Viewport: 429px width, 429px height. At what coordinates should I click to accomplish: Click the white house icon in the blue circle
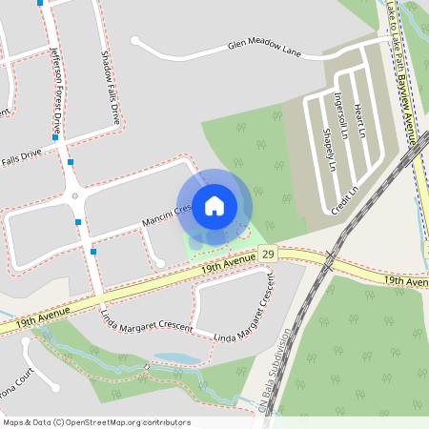[x=214, y=206]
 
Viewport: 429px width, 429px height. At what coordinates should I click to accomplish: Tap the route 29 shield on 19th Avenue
[x=269, y=254]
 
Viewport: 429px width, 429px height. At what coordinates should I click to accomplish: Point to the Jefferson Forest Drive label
[x=58, y=91]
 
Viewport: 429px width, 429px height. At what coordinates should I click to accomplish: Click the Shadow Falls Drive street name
[x=109, y=88]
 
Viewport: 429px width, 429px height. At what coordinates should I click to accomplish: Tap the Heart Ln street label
[x=359, y=120]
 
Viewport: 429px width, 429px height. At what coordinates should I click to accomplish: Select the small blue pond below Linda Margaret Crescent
[x=176, y=358]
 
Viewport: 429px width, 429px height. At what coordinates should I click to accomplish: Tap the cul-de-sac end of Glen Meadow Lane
[x=136, y=41]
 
